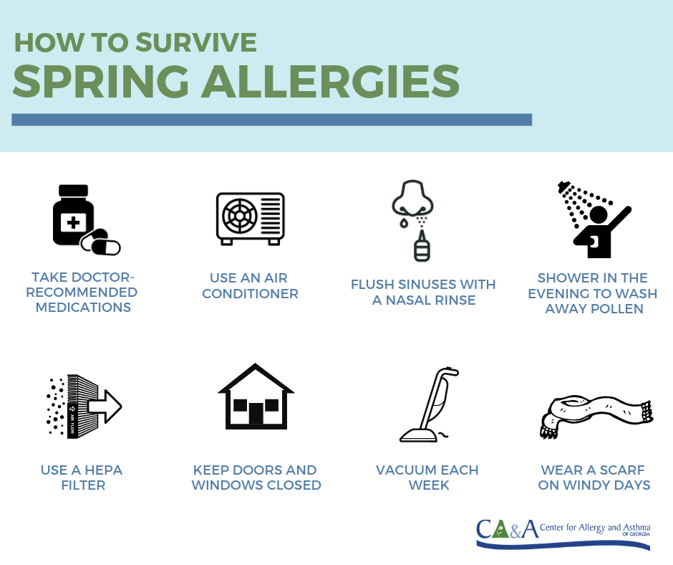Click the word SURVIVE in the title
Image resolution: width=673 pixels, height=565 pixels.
(x=196, y=42)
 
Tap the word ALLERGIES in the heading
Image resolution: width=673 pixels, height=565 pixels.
(x=331, y=81)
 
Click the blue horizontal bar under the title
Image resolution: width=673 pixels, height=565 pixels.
(x=271, y=120)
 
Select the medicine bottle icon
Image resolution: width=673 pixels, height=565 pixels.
(x=74, y=215)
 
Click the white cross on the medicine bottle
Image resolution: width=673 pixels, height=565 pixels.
(x=74, y=222)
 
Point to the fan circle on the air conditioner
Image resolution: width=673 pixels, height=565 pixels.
(x=240, y=215)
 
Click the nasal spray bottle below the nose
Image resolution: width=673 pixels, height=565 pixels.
(x=422, y=247)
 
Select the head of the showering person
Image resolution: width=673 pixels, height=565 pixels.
(x=599, y=215)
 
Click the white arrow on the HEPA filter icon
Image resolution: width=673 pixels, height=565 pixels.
(x=105, y=407)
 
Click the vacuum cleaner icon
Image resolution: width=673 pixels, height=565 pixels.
(x=429, y=404)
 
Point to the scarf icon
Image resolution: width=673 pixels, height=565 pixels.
(x=596, y=417)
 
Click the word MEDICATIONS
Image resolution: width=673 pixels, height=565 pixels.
(x=83, y=308)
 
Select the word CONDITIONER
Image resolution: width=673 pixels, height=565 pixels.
(x=251, y=294)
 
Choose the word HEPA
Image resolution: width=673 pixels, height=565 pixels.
(x=103, y=470)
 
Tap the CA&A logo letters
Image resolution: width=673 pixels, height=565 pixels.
(x=508, y=529)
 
